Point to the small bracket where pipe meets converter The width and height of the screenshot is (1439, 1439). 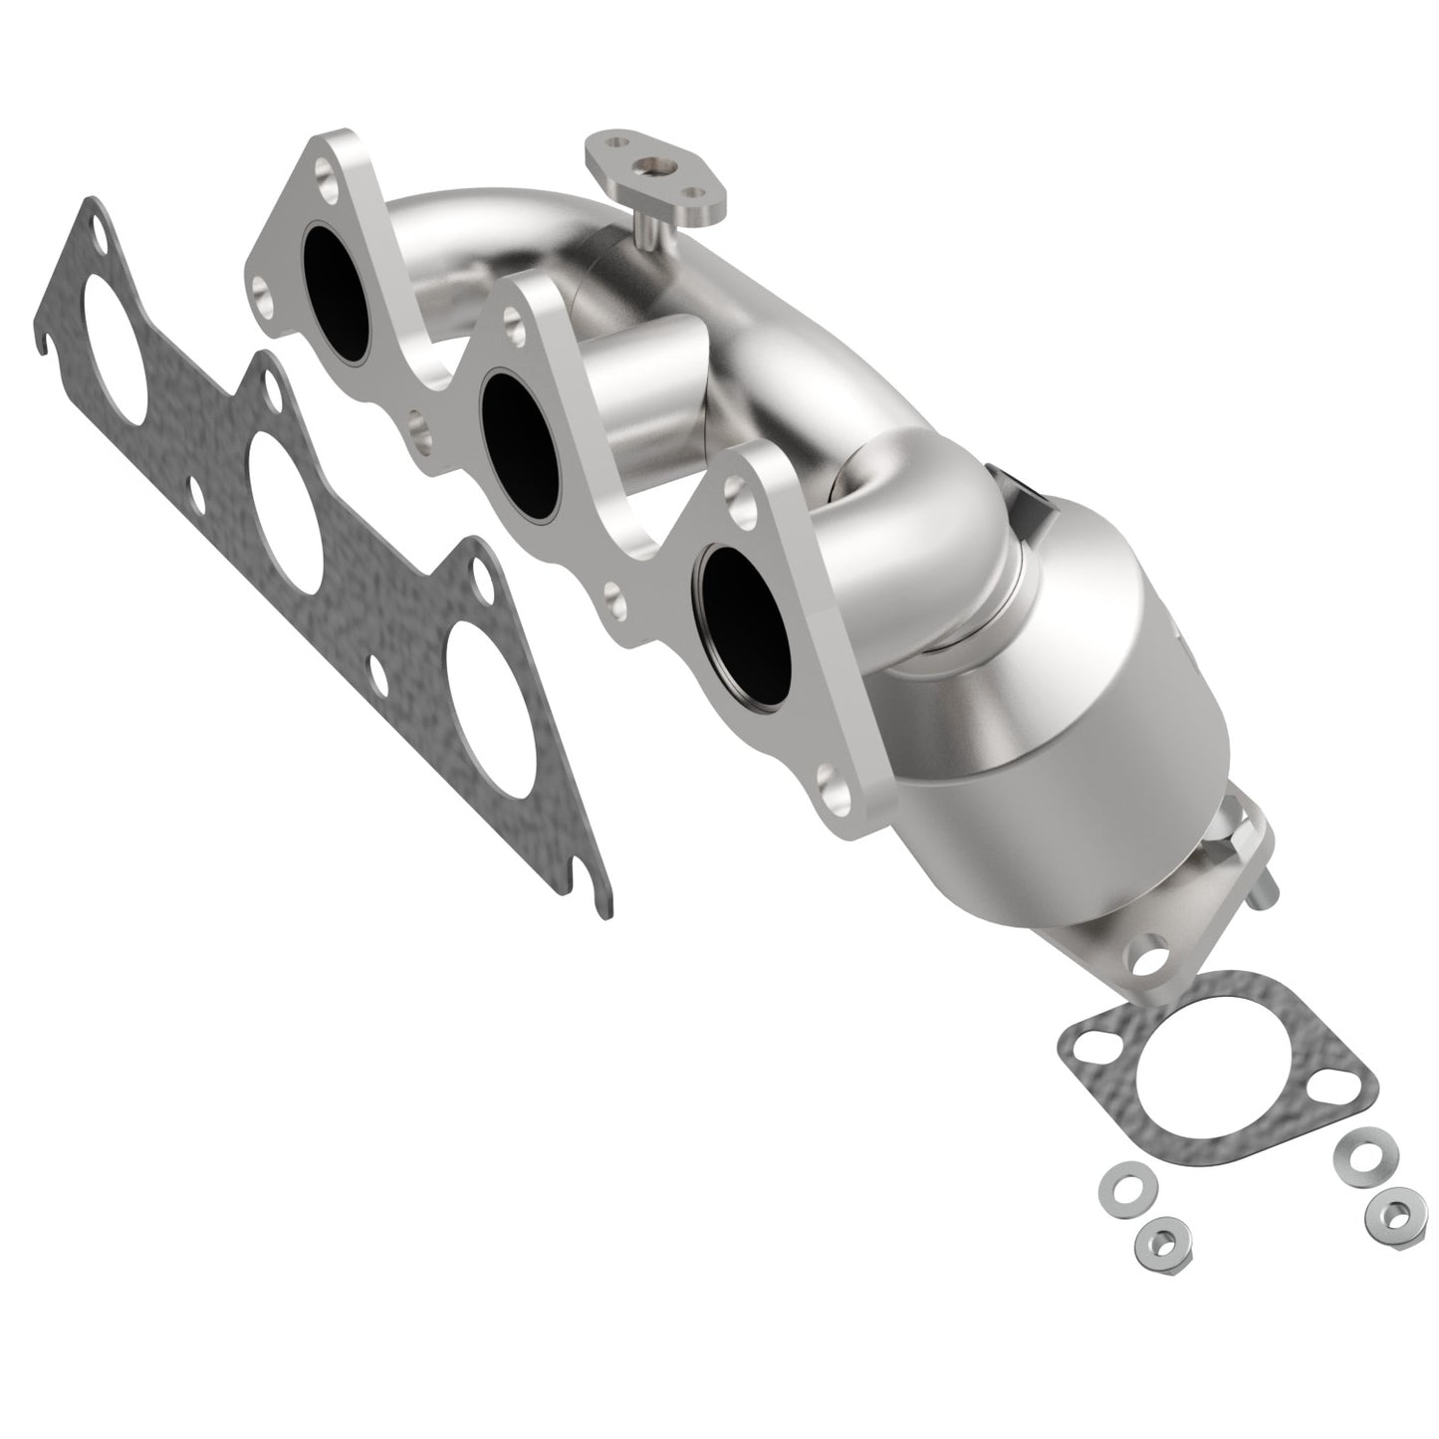click(1026, 499)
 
